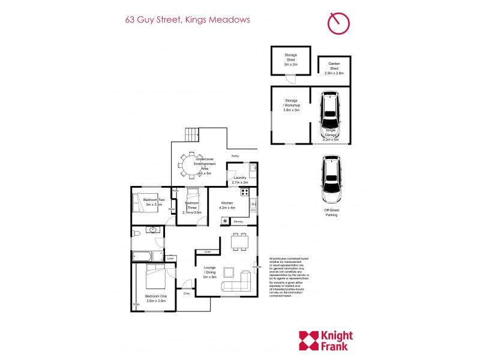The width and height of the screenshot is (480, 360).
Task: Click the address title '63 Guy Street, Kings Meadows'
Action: pyautogui.click(x=187, y=19)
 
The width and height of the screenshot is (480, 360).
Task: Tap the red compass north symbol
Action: pyautogui.click(x=338, y=23)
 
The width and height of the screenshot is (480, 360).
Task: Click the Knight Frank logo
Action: pyautogui.click(x=326, y=340)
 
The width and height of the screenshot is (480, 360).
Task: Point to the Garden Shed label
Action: pyautogui.click(x=334, y=68)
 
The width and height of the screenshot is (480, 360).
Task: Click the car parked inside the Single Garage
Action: pyautogui.click(x=330, y=114)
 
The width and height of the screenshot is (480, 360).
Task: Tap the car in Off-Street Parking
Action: pyautogui.click(x=331, y=179)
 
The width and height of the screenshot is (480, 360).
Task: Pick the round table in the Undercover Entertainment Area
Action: pyautogui.click(x=193, y=163)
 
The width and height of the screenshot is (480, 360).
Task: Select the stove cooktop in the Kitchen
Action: pyautogui.click(x=245, y=193)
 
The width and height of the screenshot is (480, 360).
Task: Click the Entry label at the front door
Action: pyautogui.click(x=187, y=293)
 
